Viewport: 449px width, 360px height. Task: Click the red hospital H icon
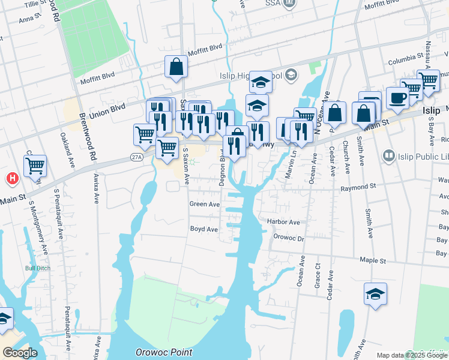pyautogui.click(x=11, y=178)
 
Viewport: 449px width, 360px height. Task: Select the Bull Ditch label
pyautogui.click(x=35, y=268)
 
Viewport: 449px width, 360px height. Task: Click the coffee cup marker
pyautogui.click(x=397, y=97)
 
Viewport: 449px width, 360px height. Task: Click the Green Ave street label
pyautogui.click(x=204, y=204)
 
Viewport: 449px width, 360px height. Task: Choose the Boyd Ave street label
pyautogui.click(x=203, y=229)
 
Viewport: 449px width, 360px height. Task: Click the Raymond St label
pyautogui.click(x=358, y=187)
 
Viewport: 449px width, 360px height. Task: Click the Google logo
pyautogui.click(x=19, y=353)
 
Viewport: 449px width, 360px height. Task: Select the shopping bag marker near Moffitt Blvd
pyautogui.click(x=176, y=68)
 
